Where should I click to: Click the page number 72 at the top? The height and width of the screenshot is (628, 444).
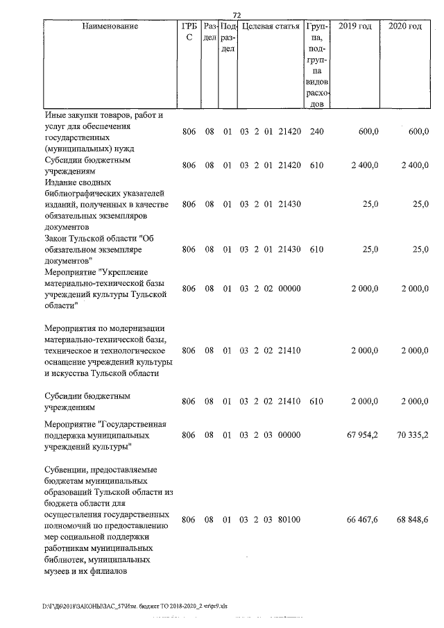236,15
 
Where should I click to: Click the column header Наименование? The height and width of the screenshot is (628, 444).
110,26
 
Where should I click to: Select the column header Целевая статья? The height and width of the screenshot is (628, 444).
268,26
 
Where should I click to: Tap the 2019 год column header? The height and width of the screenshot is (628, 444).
355,26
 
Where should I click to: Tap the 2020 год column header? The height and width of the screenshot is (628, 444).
405,26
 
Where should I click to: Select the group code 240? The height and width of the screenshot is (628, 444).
316,131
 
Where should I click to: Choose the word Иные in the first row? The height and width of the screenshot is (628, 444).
54,114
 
